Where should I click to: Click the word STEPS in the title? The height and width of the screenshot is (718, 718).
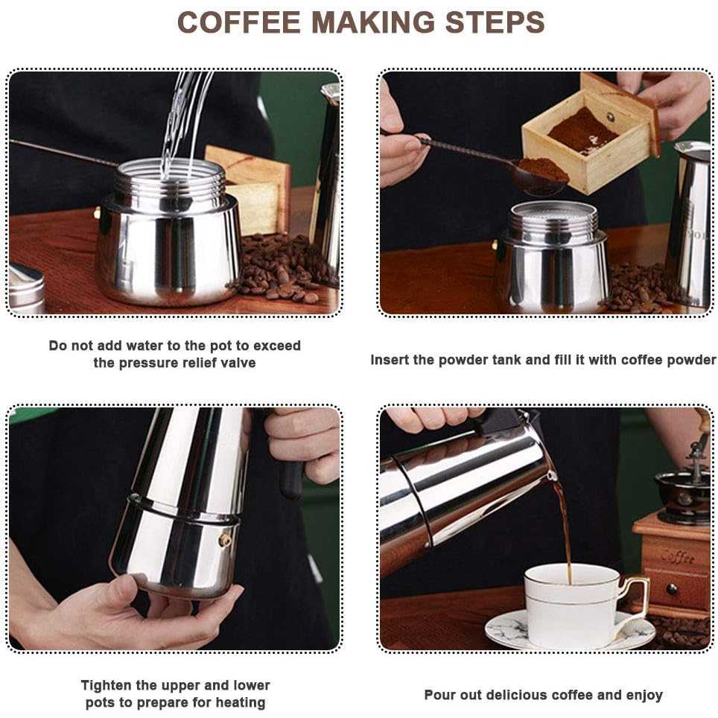[495, 22]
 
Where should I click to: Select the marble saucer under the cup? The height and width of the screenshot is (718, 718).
[571, 630]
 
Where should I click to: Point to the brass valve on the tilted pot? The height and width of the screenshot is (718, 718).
[225, 540]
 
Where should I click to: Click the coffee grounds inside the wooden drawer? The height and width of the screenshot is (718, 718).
[582, 131]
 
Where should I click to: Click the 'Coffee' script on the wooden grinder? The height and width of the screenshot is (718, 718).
[678, 557]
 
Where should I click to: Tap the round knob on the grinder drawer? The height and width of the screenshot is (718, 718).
[673, 589]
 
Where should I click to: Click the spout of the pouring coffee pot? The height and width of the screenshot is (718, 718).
[551, 475]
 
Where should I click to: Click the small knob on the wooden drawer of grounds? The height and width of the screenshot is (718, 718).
[611, 117]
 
